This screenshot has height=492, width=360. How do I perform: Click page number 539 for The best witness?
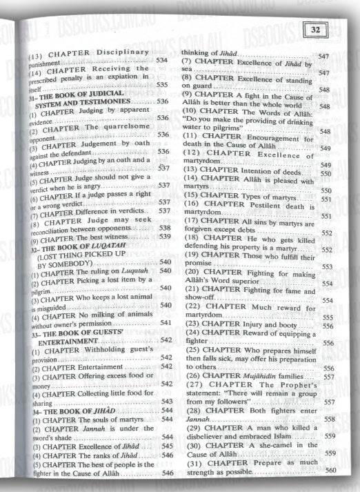(164, 237)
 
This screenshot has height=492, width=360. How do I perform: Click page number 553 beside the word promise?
(328, 266)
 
